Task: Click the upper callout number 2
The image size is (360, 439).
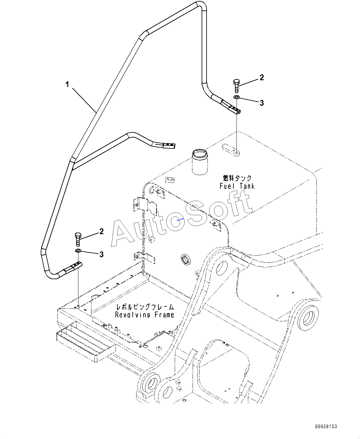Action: click(262, 77)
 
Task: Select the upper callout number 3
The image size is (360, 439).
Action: click(262, 103)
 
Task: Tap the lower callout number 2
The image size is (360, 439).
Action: click(101, 231)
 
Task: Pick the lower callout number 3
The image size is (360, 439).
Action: click(102, 255)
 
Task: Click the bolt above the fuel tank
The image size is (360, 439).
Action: click(237, 86)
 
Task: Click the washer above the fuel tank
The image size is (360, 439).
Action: click(237, 97)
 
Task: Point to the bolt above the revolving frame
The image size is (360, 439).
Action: click(78, 239)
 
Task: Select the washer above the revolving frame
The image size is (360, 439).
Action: click(78, 251)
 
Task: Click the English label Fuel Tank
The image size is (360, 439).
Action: click(237, 186)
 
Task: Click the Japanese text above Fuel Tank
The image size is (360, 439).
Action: click(237, 178)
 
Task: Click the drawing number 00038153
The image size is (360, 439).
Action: click(326, 427)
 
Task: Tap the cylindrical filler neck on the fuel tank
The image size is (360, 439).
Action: click(199, 162)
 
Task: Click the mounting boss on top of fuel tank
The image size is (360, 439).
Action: click(231, 150)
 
